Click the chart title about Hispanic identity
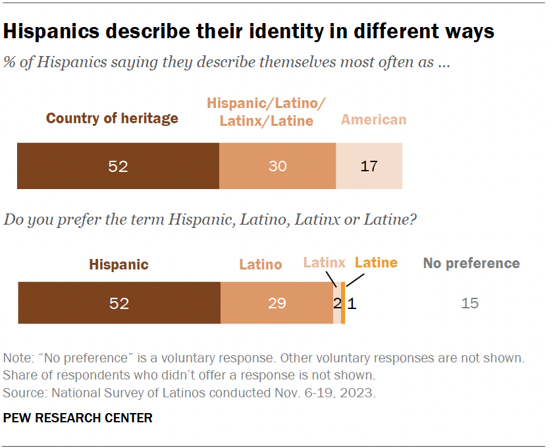249,31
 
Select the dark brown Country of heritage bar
118,166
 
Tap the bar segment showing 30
277,166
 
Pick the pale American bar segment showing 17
369,166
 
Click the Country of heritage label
112,119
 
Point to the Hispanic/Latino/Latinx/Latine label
267,112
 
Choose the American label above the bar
373,119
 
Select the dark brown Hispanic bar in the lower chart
118,303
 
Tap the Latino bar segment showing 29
276,303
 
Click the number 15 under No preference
470,303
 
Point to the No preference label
471,264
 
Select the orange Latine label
376,263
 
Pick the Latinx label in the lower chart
324,263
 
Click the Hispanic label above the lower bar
118,264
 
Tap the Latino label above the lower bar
260,264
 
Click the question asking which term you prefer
209,220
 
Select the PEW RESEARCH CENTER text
78,418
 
